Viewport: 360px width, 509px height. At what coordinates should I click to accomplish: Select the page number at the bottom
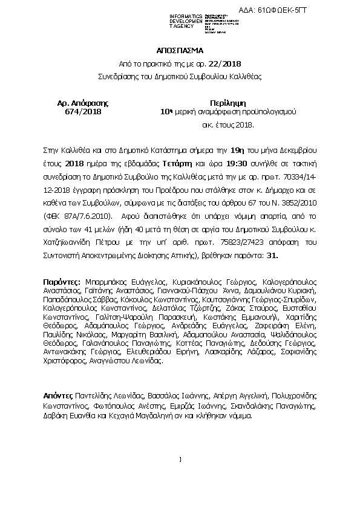(180, 461)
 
